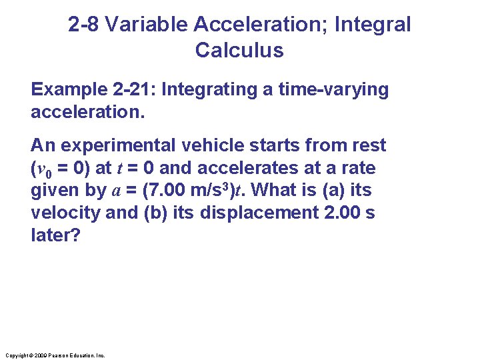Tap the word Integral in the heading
click(x=373, y=25)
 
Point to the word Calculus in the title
click(x=239, y=50)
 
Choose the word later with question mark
click(x=55, y=235)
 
